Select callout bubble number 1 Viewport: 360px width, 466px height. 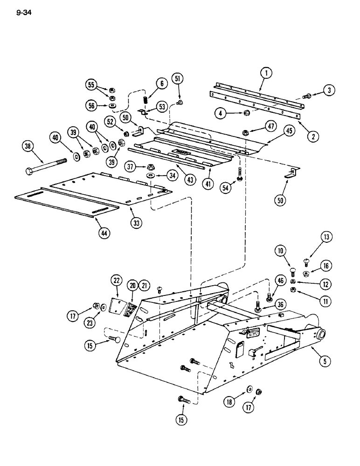267,73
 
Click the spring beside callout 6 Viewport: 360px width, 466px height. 145,100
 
